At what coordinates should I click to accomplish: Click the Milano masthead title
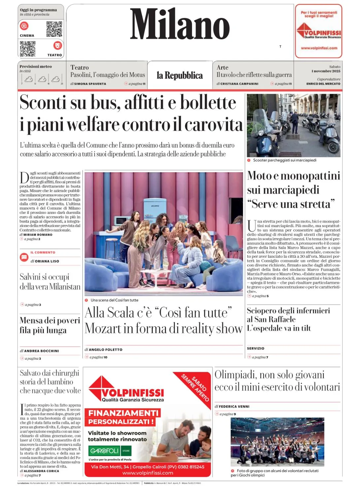[x=180, y=24]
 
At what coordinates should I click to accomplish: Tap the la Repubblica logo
[x=180, y=76]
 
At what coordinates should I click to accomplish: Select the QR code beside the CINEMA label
[x=54, y=29]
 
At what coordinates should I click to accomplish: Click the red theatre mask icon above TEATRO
[x=58, y=45]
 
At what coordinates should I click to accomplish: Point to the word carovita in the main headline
[x=213, y=125]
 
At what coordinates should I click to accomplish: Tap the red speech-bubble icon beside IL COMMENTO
[x=24, y=257]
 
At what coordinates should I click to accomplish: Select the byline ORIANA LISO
[x=47, y=261]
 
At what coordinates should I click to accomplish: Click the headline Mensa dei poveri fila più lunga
[x=50, y=325]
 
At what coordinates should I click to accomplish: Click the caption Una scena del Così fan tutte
[x=115, y=300]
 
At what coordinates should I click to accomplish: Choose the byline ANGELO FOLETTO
[x=106, y=349]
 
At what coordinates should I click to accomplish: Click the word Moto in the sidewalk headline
[x=259, y=176]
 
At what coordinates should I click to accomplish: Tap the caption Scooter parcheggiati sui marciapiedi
[x=284, y=160]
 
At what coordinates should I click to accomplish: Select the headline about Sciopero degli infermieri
[x=288, y=319]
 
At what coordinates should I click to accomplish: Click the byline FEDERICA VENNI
[x=234, y=407]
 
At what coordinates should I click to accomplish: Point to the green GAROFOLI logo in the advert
[x=104, y=451]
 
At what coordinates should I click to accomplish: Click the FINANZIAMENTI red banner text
[x=123, y=413]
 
